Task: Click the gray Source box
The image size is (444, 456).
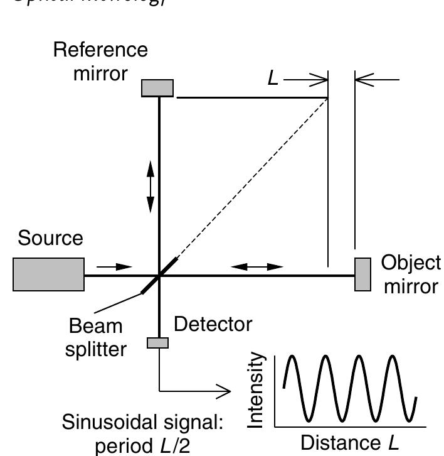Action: click(48, 274)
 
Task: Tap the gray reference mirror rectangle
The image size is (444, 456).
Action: click(157, 88)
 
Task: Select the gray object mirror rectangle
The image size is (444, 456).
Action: click(362, 274)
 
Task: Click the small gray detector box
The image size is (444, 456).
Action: click(158, 342)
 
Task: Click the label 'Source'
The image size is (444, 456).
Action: click(50, 239)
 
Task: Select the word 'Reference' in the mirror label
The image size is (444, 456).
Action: click(100, 50)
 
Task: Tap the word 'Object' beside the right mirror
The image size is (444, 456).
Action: click(411, 264)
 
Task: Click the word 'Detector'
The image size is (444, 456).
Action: click(213, 325)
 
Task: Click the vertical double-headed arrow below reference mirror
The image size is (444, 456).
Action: click(151, 185)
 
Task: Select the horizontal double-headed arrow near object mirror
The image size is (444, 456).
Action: click(257, 267)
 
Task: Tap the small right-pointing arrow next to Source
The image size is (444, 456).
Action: click(116, 267)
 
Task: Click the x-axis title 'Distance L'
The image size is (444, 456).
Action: click(350, 443)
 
